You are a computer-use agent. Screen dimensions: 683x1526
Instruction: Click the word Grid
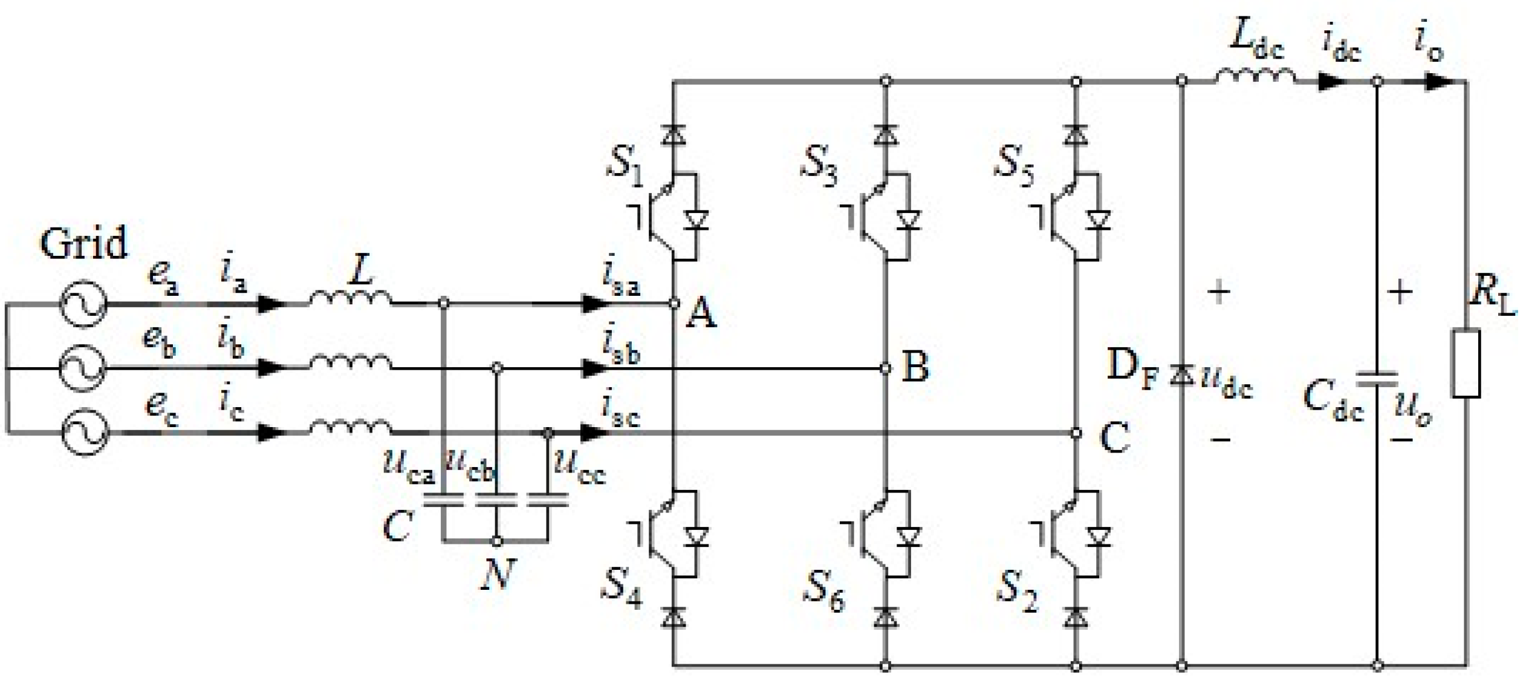(x=83, y=243)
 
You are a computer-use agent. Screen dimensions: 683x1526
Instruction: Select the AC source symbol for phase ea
(x=83, y=302)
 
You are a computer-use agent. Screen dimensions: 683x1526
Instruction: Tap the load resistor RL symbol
(x=1466, y=363)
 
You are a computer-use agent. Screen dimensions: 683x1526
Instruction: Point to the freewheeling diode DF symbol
(x=1181, y=376)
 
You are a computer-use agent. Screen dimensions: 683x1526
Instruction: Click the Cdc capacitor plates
(x=1377, y=379)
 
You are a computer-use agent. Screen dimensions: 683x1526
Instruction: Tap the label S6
(x=823, y=588)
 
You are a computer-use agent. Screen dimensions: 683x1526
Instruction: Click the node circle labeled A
(x=675, y=304)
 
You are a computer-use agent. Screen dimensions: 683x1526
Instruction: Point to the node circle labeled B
(x=885, y=368)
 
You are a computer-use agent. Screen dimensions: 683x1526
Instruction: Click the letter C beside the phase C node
(x=1114, y=438)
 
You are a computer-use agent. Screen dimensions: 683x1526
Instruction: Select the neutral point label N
(x=498, y=574)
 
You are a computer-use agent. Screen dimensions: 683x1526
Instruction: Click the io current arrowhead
(x=1439, y=81)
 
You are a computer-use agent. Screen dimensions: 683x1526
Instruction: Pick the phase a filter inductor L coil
(x=351, y=298)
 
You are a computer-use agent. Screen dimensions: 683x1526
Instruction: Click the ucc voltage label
(x=579, y=467)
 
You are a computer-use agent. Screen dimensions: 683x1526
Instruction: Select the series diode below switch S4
(x=674, y=618)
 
